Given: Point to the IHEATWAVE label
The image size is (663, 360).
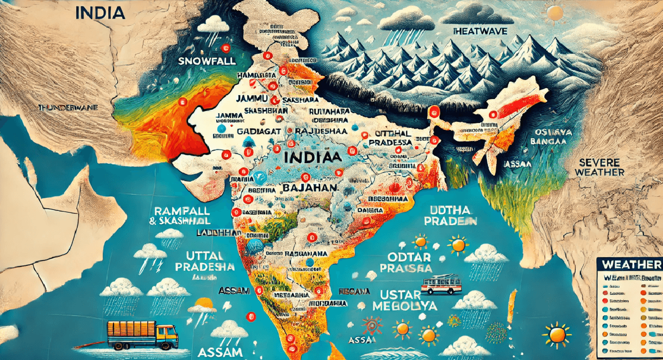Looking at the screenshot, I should (480, 32).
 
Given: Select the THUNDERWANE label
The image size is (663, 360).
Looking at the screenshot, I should (69, 108).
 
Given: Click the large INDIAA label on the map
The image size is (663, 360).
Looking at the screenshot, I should (313, 157).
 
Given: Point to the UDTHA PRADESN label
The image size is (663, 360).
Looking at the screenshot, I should (451, 215).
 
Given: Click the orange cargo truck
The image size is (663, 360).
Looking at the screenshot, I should (142, 334).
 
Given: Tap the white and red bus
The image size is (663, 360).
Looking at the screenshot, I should (441, 285).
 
